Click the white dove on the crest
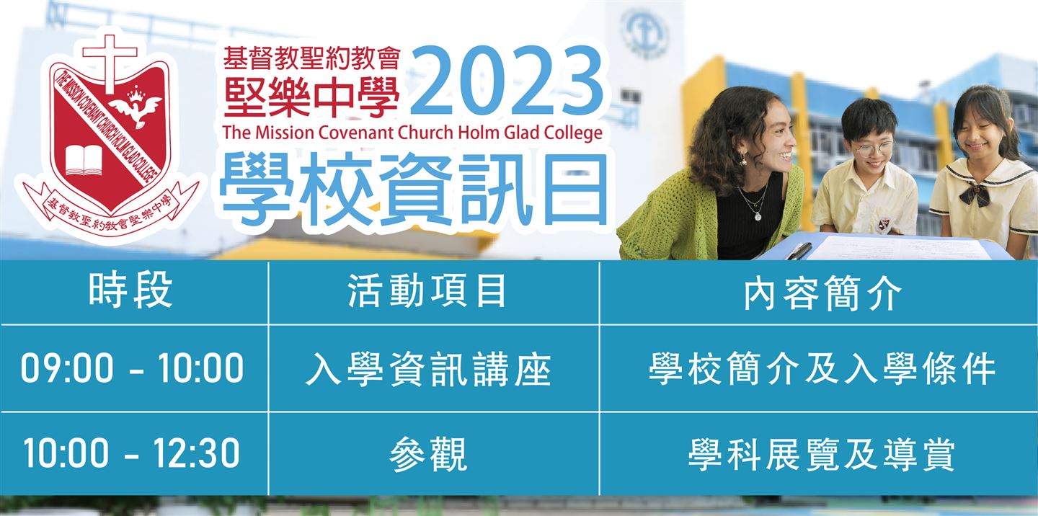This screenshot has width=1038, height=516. (x=138, y=108)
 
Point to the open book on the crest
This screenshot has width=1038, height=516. (x=83, y=160)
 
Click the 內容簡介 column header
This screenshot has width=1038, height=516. (x=823, y=293)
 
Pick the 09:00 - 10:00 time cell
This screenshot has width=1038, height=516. (x=132, y=368)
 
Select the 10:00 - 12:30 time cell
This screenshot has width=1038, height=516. (x=132, y=453)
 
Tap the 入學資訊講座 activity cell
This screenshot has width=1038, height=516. (x=428, y=370)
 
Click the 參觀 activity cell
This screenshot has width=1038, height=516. (x=428, y=455)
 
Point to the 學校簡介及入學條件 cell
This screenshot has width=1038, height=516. (x=822, y=370)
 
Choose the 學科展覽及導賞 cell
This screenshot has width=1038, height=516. (x=822, y=455)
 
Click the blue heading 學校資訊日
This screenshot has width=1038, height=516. (x=414, y=190)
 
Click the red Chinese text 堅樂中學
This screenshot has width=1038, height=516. (x=311, y=96)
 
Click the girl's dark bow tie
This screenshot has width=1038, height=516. (x=975, y=194)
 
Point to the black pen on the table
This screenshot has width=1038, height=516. (x=799, y=251)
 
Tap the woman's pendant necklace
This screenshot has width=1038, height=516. (x=756, y=205)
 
